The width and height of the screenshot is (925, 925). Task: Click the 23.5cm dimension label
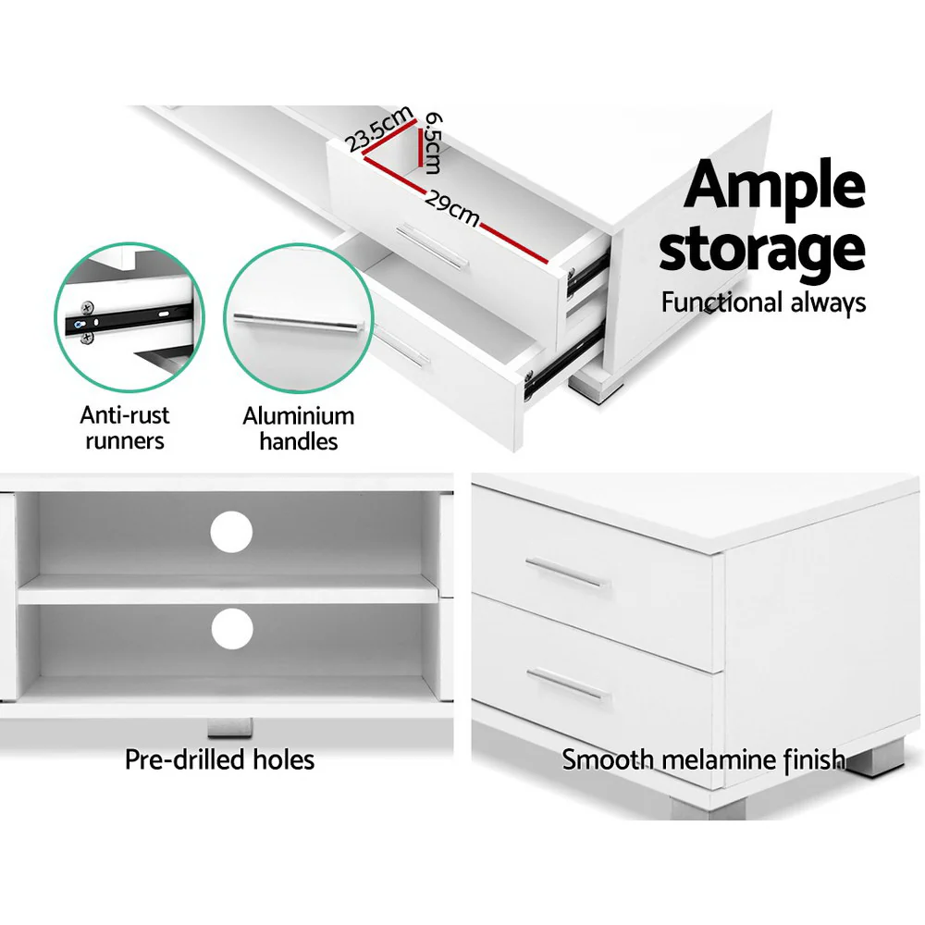point(379,129)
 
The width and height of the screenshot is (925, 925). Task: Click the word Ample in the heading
point(774,187)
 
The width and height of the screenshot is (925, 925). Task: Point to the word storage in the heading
point(761,248)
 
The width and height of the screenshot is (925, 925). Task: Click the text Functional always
point(763,302)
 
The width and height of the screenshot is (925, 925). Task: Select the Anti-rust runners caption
point(125,428)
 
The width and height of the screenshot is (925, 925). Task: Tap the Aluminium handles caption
point(298,428)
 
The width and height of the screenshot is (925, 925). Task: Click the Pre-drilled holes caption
point(220,760)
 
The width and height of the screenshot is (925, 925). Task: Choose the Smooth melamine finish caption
point(703,760)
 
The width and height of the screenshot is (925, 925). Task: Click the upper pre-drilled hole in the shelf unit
point(231,533)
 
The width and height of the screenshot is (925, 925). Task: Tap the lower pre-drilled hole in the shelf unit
point(231,629)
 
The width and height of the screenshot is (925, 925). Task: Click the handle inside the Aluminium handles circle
point(296,322)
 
